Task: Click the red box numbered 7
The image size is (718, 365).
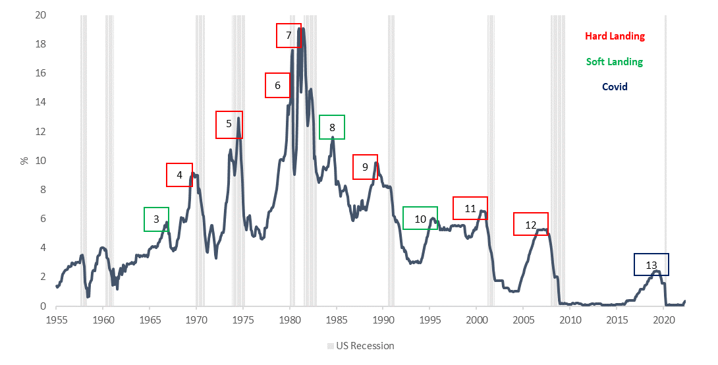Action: click(289, 35)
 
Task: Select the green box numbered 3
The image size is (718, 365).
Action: click(157, 219)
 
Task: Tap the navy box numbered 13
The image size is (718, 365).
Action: click(651, 265)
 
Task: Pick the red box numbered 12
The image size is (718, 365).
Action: click(531, 225)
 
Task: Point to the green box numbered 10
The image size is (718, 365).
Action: click(420, 218)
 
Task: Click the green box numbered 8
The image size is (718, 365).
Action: click(332, 127)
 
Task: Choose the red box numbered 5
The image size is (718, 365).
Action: click(229, 125)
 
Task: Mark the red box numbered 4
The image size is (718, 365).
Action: click(179, 175)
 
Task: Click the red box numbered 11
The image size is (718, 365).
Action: click(470, 208)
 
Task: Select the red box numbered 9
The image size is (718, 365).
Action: click(366, 167)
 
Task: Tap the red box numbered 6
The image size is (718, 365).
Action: click(278, 86)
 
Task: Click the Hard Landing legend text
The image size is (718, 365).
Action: click(615, 36)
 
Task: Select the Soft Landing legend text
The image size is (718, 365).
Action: click(614, 61)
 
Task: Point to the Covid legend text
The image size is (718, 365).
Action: click(615, 86)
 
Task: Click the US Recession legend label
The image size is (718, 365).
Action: click(365, 346)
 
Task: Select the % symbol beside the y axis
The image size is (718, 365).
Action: click(24, 160)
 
